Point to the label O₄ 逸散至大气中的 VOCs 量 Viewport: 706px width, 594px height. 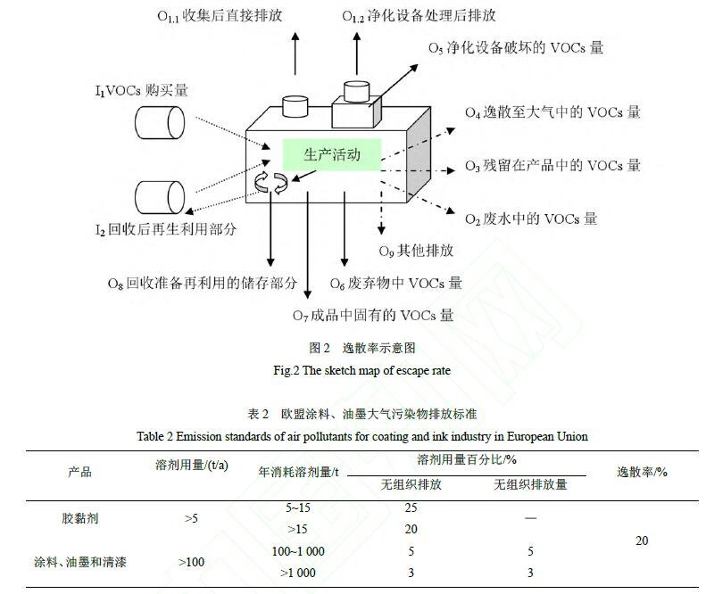(552, 113)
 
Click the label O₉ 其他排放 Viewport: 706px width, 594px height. (416, 251)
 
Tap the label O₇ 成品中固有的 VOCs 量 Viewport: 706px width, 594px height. (373, 315)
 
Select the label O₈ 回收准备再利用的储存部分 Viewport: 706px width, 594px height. (203, 284)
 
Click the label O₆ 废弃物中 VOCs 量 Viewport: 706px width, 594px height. (395, 284)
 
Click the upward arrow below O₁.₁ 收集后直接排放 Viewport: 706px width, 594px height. (296, 58)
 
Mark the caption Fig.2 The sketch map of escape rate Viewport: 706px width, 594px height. (349, 369)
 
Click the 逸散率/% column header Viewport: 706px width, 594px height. (641, 471)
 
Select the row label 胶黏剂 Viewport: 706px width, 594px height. (79, 517)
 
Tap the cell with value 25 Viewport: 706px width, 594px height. (411, 507)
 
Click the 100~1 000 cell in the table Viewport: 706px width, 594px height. (298, 551)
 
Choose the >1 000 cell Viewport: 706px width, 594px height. (298, 573)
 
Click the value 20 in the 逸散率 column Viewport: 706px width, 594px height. (641, 540)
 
